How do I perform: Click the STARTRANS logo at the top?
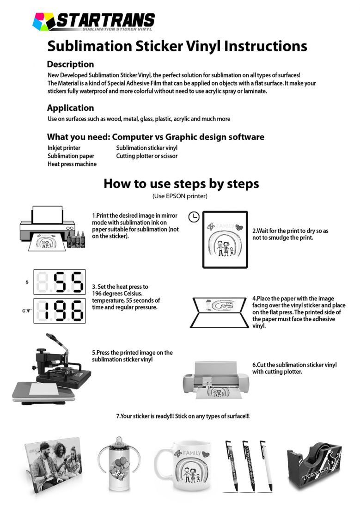pos(94,21)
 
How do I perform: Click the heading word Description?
pos(70,64)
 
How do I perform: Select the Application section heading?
pos(70,108)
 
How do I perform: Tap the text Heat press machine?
pos(72,164)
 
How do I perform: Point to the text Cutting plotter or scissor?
pos(146,156)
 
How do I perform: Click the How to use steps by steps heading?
pos(181,183)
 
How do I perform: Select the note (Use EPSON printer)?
pos(180,196)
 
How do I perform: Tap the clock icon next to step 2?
pos(195,216)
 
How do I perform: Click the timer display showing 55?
pos(60,282)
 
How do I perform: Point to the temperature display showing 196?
pos(60,311)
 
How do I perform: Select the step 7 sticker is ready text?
pos(183,416)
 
